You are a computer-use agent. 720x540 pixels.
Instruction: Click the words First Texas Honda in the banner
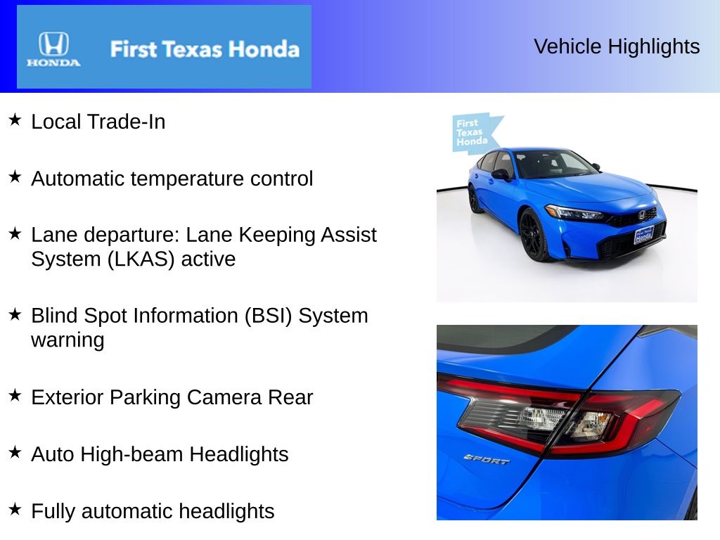point(204,49)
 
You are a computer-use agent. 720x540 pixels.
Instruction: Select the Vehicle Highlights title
point(617,46)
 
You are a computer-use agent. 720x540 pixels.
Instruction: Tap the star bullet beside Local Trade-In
point(15,120)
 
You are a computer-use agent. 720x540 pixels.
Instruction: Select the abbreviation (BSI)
point(269,316)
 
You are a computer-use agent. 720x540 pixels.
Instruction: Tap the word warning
point(67,340)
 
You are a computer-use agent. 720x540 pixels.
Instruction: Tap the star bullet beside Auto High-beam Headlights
point(15,453)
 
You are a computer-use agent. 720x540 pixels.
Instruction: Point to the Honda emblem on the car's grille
point(641,214)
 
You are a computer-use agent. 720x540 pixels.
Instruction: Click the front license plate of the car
point(643,236)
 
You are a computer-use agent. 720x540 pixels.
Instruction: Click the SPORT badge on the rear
point(487,458)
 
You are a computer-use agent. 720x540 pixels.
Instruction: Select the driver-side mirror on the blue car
point(500,174)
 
